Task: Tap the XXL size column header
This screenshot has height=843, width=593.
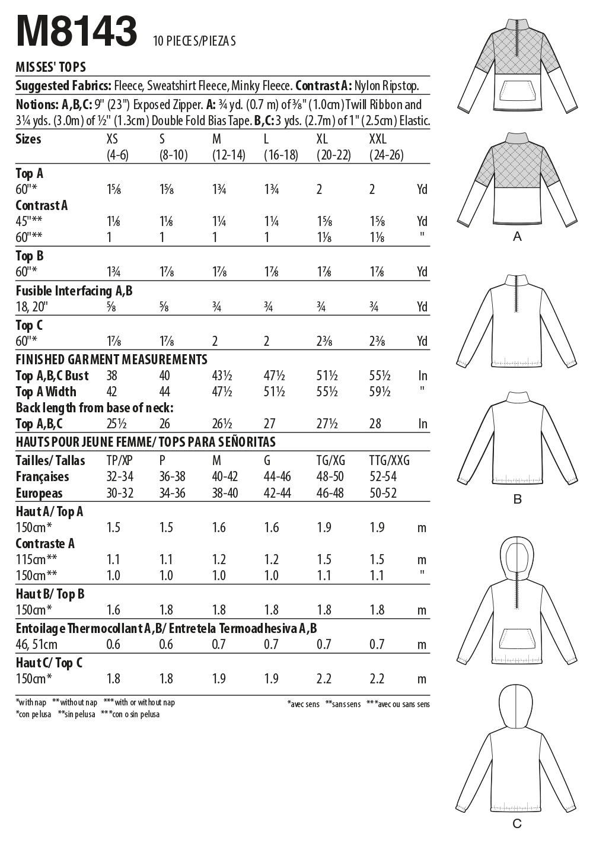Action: pos(378,139)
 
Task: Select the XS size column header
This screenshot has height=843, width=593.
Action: pos(112,139)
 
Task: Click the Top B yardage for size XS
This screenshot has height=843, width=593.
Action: pos(113,272)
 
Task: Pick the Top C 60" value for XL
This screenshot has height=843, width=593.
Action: pos(324,341)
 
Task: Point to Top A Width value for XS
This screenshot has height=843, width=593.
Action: pos(111,392)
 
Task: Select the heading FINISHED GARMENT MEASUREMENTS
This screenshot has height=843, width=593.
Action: pos(111,360)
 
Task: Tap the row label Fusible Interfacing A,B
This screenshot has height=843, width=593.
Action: pos(74,291)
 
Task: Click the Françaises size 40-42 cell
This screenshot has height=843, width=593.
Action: pos(225,477)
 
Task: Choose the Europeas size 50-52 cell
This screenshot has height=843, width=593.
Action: pos(382,493)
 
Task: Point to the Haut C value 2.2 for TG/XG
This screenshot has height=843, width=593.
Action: pos(324,679)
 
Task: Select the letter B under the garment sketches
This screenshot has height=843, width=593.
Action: pos(517,500)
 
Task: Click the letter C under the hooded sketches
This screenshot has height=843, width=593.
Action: pos(517,823)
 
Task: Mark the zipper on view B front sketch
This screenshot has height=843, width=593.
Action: pos(517,294)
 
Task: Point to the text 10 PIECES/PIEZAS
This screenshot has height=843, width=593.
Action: pos(195,41)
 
